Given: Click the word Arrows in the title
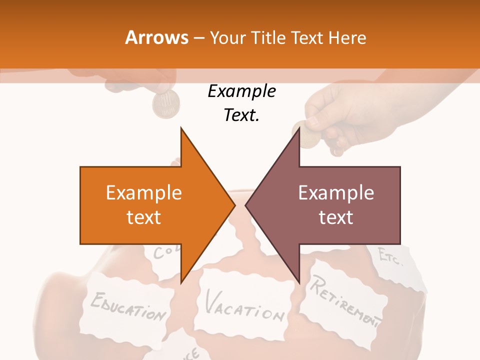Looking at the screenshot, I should pyautogui.click(x=157, y=37).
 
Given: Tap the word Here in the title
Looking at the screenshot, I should pyautogui.click(x=347, y=37).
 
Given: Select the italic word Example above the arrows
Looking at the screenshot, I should pyautogui.click(x=241, y=91).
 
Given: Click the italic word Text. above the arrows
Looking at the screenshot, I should pyautogui.click(x=241, y=115).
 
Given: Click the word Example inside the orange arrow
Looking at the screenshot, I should pyautogui.click(x=144, y=192).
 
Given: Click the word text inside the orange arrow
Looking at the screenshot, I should pyautogui.click(x=144, y=217).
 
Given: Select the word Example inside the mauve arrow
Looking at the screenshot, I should pyautogui.click(x=336, y=192).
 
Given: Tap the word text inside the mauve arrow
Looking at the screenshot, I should pyautogui.click(x=336, y=217).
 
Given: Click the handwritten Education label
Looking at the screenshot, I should pyautogui.click(x=128, y=305).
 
